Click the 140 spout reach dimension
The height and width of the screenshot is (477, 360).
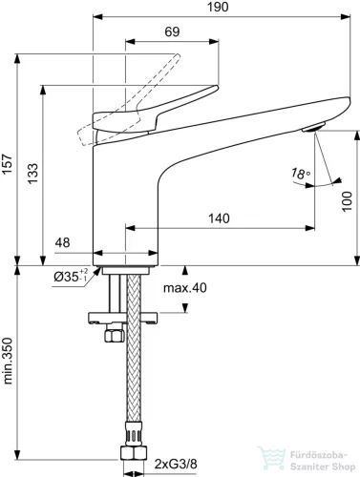coord(219,218)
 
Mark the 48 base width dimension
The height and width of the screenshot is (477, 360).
coord(63,244)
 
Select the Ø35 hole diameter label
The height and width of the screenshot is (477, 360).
coord(69,277)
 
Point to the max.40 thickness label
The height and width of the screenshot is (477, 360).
coord(183,286)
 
